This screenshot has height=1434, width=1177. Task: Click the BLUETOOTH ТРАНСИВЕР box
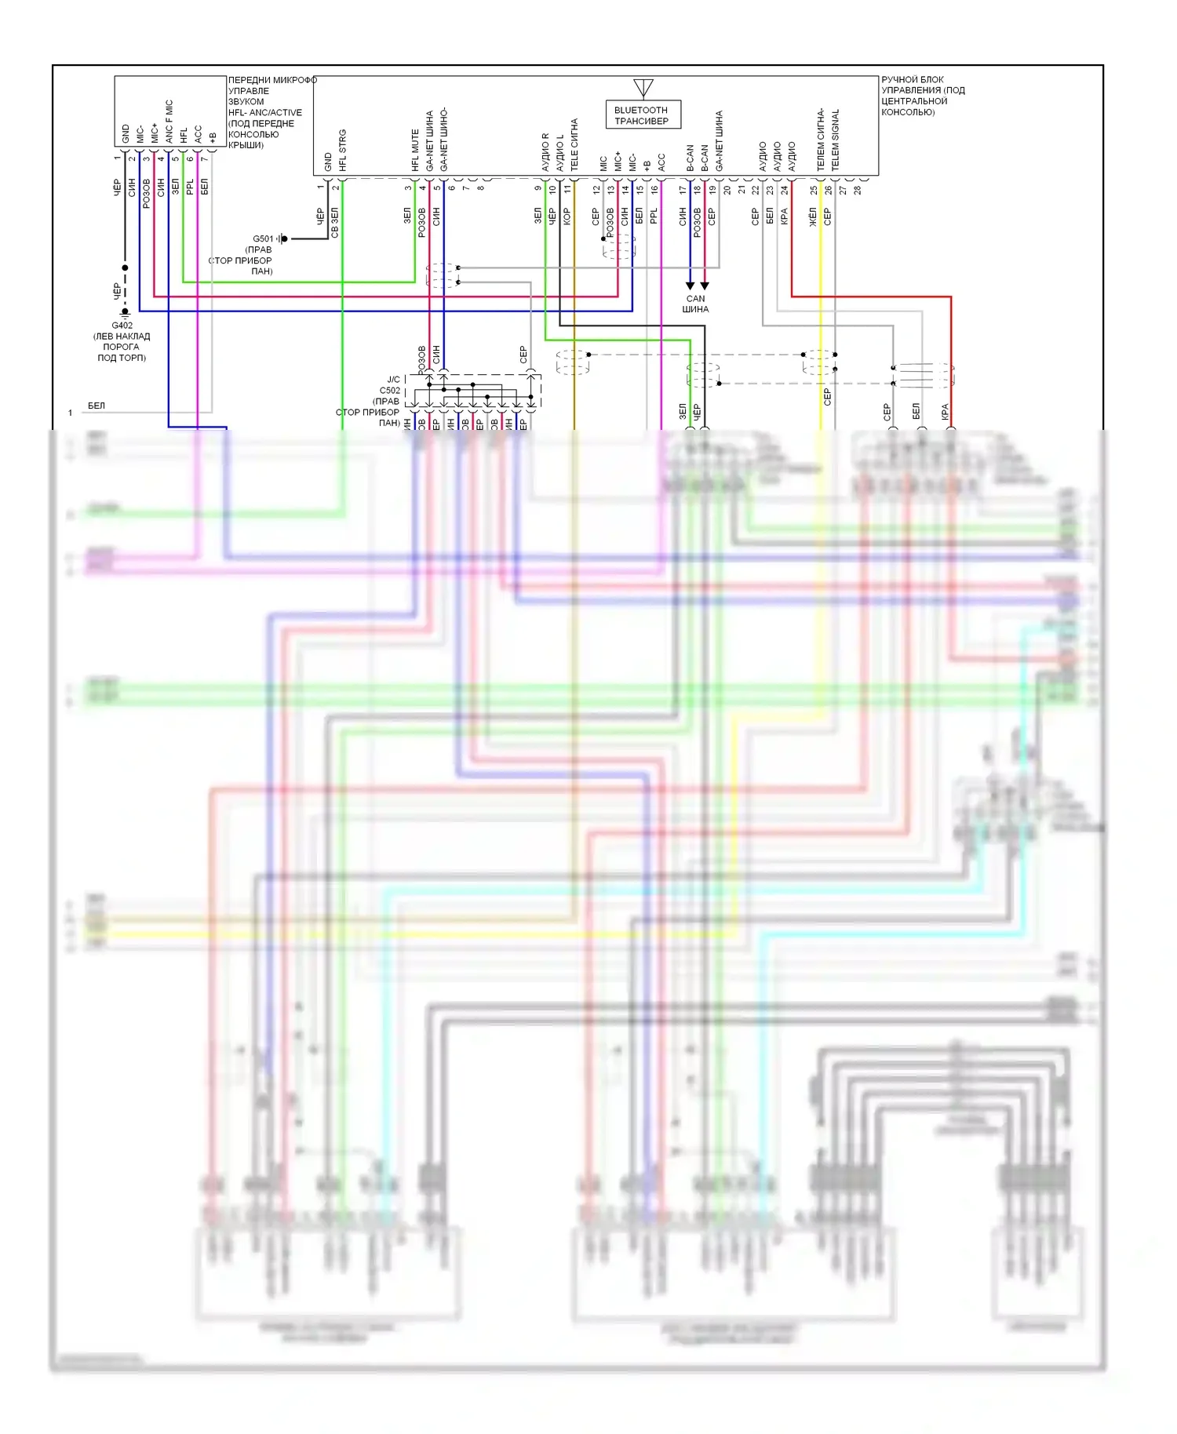[642, 115]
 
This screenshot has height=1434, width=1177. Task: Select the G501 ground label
[263, 238]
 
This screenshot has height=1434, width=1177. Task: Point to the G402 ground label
[122, 326]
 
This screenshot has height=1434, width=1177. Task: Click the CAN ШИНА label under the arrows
[695, 304]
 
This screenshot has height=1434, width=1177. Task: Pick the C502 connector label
[390, 390]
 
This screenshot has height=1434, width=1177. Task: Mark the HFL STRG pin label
[343, 151]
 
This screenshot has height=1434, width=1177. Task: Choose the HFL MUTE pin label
[415, 151]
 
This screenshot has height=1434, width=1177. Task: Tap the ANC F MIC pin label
[169, 122]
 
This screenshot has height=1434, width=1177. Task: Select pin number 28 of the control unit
[858, 190]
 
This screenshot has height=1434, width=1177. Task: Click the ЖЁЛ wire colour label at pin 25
[813, 217]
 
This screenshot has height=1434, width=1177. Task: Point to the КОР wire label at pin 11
[567, 217]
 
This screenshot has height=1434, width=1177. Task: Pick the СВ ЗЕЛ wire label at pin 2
[335, 223]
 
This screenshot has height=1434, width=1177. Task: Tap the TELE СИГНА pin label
[574, 144]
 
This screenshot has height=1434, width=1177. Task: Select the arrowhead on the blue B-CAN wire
[690, 286]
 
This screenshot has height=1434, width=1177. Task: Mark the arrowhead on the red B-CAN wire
[705, 286]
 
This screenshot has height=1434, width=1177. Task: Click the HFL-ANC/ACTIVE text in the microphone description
[264, 112]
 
